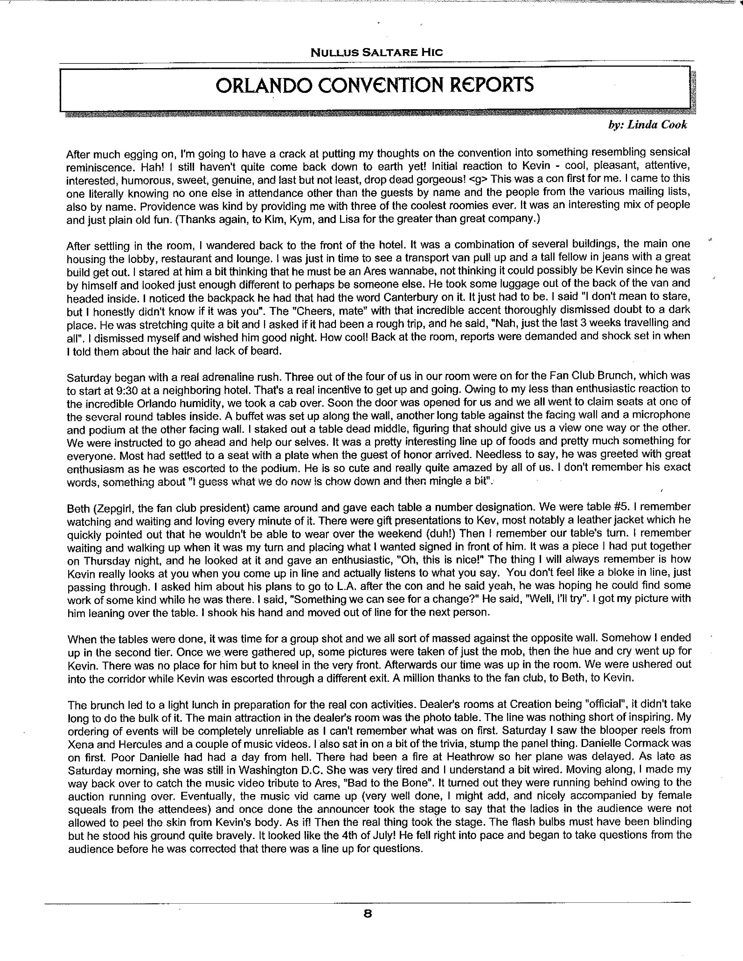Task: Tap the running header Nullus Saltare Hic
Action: [x=376, y=53]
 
